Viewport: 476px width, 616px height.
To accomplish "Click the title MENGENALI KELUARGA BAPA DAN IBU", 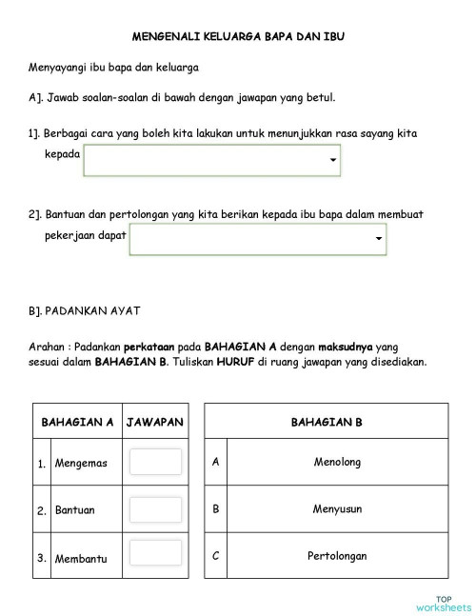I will (237, 37).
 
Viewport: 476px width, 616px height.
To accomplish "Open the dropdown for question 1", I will (211, 160).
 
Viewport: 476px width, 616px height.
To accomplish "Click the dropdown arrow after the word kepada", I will (332, 160).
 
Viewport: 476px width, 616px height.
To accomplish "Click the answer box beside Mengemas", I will (155, 463).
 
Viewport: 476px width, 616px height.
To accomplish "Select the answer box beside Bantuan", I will (155, 509).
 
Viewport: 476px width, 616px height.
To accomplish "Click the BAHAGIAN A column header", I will (77, 422).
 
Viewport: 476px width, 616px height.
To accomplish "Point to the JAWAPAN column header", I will (155, 422).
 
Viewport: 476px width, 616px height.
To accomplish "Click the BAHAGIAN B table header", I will (326, 422).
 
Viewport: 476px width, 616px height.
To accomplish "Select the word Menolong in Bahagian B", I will (337, 463).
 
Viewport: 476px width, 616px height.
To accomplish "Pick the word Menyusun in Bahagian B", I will (337, 509).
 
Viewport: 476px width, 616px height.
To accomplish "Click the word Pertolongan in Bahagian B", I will (337, 556).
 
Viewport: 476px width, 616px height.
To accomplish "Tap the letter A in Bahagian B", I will (216, 463).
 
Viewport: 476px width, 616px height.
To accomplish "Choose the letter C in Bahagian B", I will (216, 556).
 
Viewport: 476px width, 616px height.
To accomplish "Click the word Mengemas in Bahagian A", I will (81, 464).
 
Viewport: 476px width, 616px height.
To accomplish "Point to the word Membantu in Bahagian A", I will (81, 558).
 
